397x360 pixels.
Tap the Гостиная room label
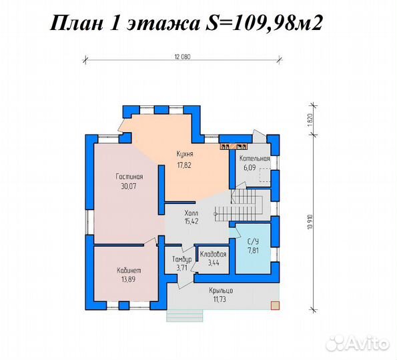(129, 176)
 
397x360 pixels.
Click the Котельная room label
(255, 159)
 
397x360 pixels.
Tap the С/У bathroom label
(254, 241)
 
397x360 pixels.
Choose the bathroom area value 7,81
(254, 250)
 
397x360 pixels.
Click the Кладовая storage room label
(213, 254)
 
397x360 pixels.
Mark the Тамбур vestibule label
(181, 259)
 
